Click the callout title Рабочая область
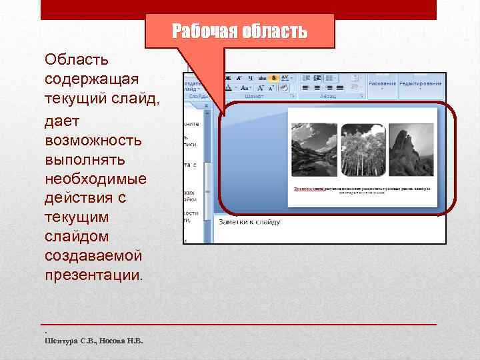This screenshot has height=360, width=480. click(239, 31)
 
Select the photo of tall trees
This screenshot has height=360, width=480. click(363, 151)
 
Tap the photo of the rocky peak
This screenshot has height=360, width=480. click(411, 151)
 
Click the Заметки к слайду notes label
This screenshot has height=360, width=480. click(248, 222)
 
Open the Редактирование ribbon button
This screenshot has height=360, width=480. click(421, 84)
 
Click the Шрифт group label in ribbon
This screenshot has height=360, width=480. click(254, 96)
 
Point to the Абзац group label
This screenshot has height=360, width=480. click(327, 96)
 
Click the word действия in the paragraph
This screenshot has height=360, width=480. click(75, 198)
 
